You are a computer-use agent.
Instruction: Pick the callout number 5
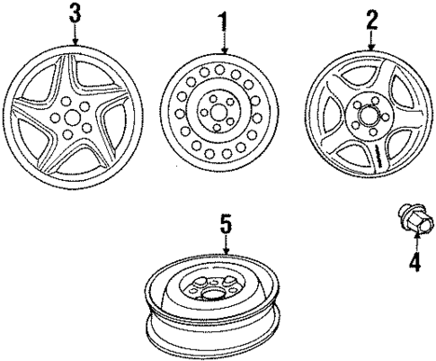click(225, 221)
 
